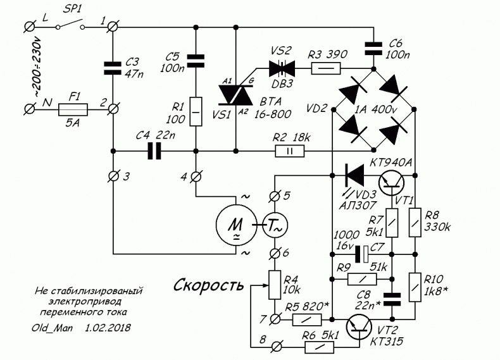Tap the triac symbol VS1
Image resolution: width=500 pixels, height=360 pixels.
(235, 95)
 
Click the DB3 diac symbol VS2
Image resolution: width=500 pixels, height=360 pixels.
(282, 68)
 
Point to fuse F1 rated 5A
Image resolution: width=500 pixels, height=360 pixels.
(73, 109)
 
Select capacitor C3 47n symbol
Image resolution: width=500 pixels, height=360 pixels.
(113, 68)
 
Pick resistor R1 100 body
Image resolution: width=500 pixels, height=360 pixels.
(196, 111)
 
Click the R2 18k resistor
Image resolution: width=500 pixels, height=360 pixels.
(289, 151)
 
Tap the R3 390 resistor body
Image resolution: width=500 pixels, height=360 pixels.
(325, 68)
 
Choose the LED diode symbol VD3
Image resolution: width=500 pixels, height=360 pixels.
(354, 175)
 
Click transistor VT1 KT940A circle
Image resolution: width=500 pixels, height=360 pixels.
(391, 183)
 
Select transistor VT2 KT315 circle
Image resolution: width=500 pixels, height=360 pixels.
(359, 327)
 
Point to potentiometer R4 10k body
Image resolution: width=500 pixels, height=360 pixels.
(275, 285)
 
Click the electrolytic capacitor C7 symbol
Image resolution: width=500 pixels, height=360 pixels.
(361, 254)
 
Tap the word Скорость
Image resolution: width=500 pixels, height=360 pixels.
(209, 285)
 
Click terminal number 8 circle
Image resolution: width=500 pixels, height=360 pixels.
(277, 347)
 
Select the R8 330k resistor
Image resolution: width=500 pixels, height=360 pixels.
(415, 223)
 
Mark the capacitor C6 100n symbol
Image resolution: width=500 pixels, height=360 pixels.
(373, 49)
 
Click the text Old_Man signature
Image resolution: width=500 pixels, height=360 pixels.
(53, 328)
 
